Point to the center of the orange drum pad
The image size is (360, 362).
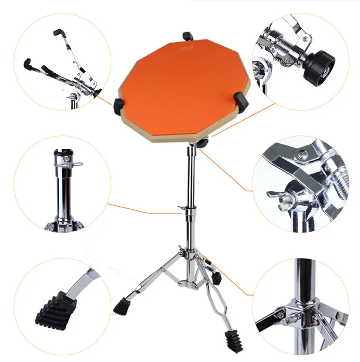click(179, 88)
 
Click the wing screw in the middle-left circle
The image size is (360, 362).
click(76, 164)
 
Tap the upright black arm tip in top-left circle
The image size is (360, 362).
click(57, 33)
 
